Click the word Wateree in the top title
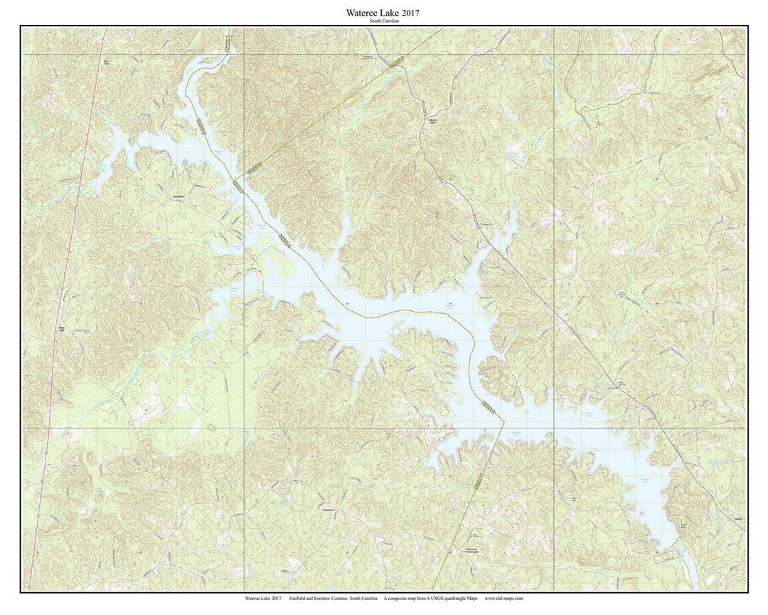(362, 13)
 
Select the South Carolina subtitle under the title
(384, 21)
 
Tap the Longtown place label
(327, 510)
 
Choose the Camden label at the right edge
(738, 520)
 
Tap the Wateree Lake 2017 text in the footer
(263, 599)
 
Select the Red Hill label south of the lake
(574, 498)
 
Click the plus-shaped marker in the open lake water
(347, 304)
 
